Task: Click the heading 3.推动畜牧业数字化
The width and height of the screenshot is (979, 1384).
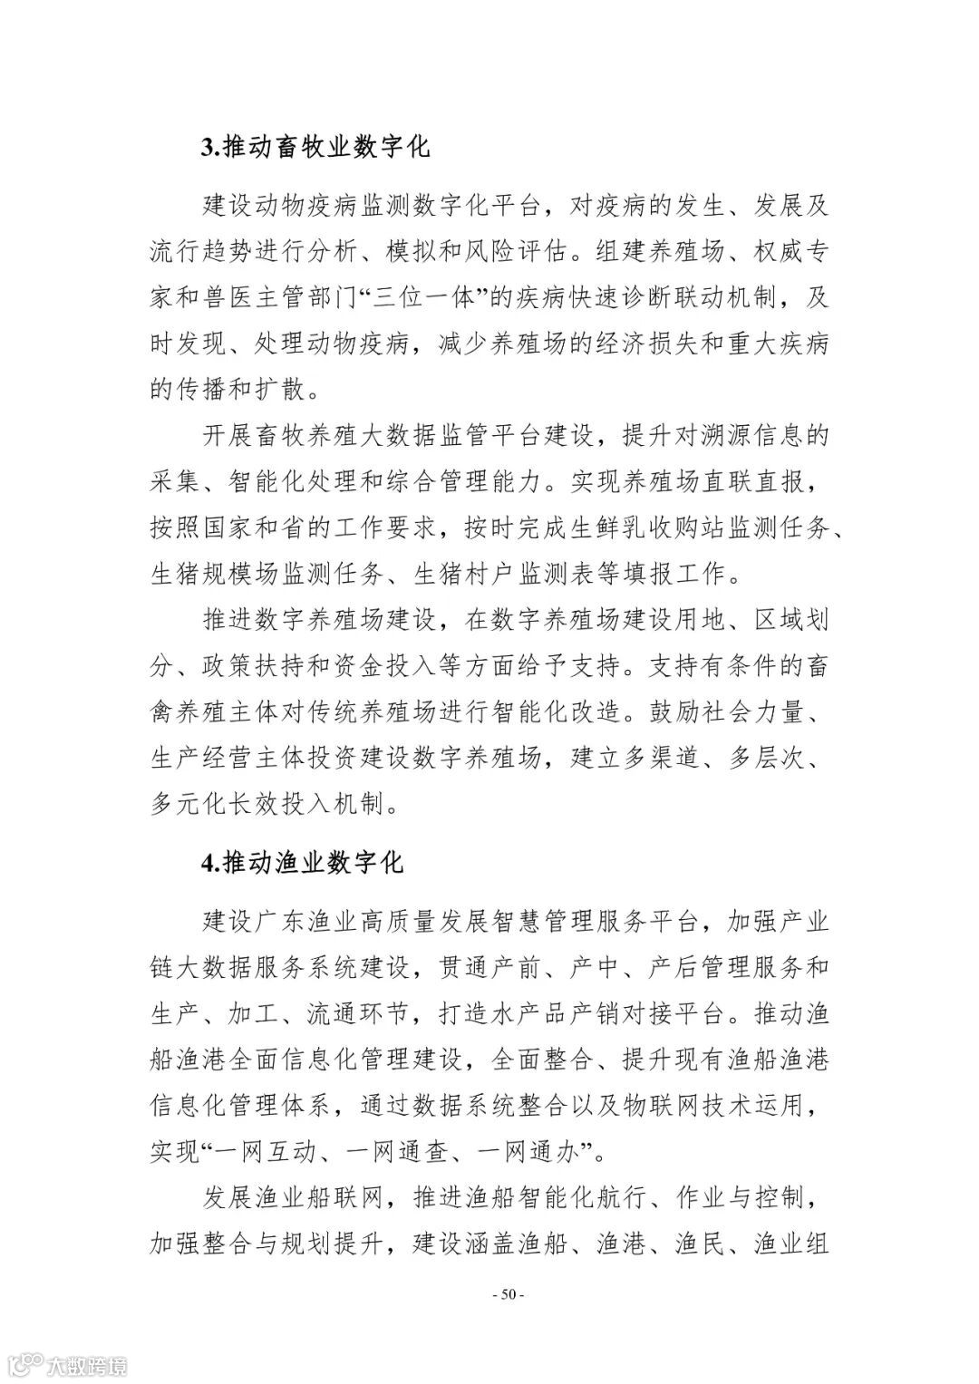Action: coord(315,147)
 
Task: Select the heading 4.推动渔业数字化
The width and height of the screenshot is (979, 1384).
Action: coord(302,861)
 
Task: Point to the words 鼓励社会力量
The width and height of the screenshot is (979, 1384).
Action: coord(725,712)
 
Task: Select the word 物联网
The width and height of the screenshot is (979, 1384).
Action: coord(679,1106)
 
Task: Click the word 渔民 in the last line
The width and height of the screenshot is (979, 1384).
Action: coord(697,1244)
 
